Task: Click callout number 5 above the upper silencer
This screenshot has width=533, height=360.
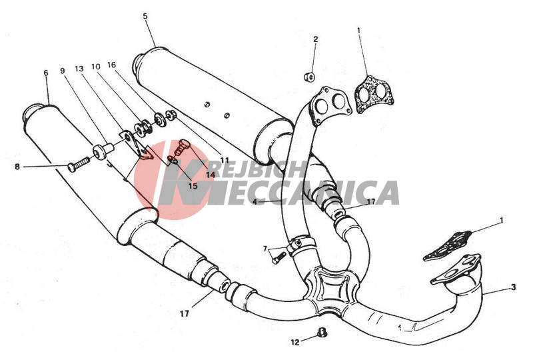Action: [145, 16]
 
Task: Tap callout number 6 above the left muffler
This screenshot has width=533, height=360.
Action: [46, 73]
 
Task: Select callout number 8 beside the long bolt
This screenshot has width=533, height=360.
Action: [17, 167]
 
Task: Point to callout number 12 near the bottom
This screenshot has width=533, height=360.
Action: [295, 342]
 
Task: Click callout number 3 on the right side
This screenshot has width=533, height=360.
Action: [513, 287]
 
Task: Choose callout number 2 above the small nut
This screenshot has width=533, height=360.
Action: [315, 39]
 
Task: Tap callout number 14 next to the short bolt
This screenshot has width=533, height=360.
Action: [210, 175]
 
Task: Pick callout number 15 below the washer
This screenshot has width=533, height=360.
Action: [193, 186]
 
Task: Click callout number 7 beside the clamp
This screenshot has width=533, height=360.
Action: [265, 249]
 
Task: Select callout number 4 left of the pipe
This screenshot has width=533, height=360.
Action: [255, 202]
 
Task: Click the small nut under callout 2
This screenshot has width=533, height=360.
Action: [309, 77]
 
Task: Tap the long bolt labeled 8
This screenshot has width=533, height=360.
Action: [79, 164]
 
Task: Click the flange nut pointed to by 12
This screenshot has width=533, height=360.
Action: [321, 333]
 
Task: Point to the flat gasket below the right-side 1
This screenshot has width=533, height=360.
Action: [448, 246]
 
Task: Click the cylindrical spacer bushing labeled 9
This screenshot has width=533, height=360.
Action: [103, 151]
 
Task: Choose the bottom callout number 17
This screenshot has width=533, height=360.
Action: [185, 313]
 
